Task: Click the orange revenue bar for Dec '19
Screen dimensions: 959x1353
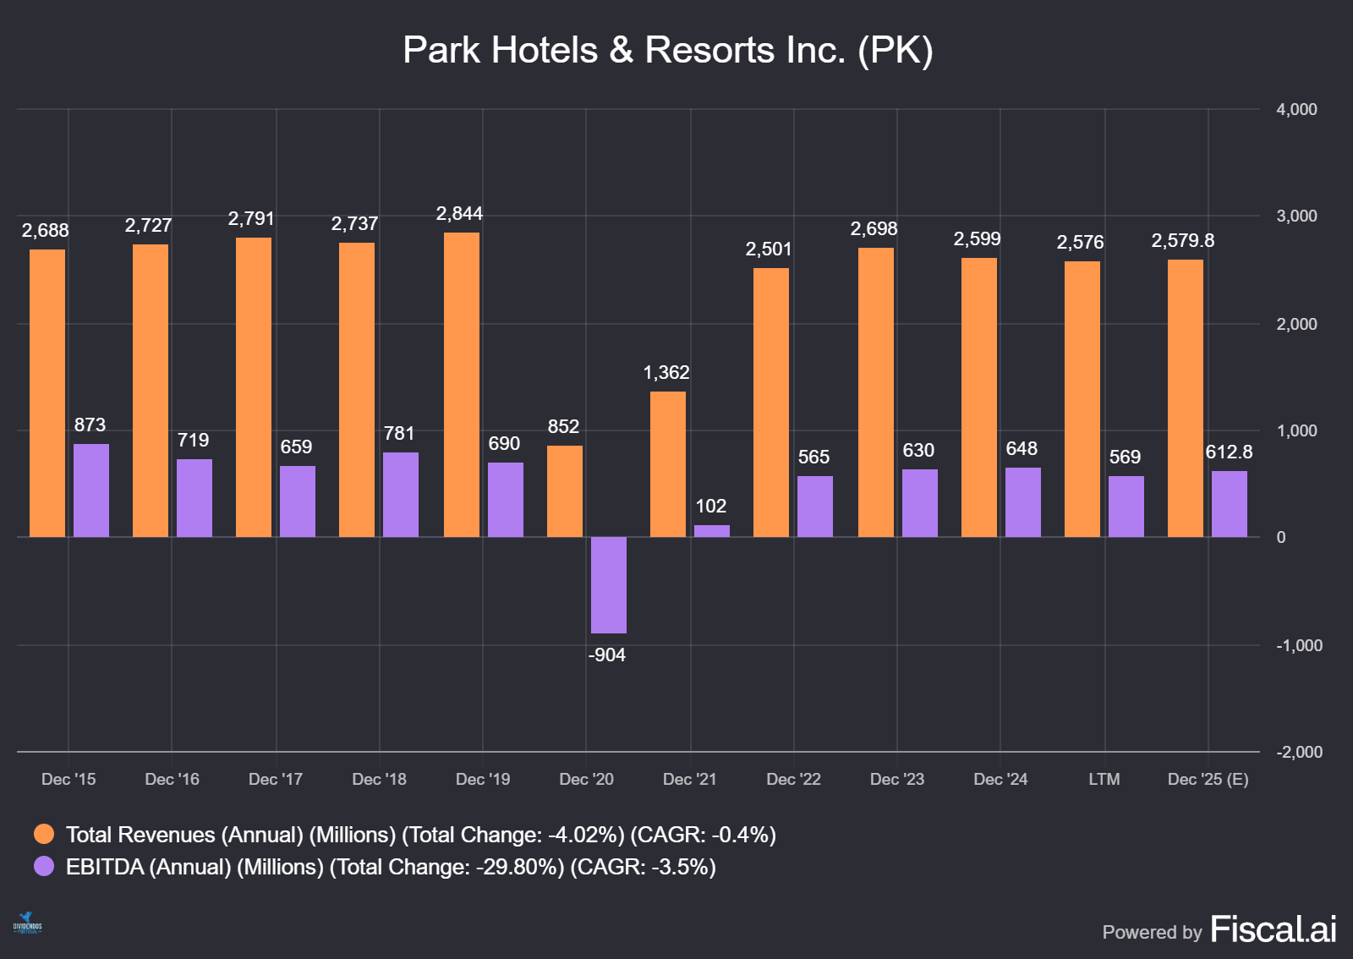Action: (x=461, y=385)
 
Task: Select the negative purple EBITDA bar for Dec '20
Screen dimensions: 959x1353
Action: (x=608, y=584)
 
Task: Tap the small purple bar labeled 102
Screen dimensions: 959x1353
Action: (x=711, y=530)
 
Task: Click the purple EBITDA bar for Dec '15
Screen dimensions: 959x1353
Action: (x=91, y=490)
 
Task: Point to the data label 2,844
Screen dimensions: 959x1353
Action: (x=459, y=214)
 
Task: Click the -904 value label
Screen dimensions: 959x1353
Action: (x=607, y=655)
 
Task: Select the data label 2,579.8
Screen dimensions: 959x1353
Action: (x=1182, y=241)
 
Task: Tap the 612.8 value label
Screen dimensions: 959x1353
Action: (x=1229, y=452)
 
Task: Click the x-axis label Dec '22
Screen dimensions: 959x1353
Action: (x=793, y=779)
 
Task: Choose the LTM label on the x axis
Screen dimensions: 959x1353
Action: (x=1104, y=779)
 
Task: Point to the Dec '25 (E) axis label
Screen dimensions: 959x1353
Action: (x=1208, y=779)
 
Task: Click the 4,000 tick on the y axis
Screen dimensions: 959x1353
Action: (x=1296, y=109)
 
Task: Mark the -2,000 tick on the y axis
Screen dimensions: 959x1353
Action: (x=1299, y=752)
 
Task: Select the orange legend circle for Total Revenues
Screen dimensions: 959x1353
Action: (x=44, y=835)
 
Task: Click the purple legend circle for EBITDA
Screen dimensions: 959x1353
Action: (x=44, y=867)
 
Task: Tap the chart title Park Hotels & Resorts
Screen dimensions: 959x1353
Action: (x=667, y=50)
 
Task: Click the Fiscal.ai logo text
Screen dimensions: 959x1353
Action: (x=1273, y=929)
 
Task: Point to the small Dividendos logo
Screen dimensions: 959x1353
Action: (x=27, y=923)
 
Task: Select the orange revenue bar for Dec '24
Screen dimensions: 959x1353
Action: (x=978, y=397)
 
